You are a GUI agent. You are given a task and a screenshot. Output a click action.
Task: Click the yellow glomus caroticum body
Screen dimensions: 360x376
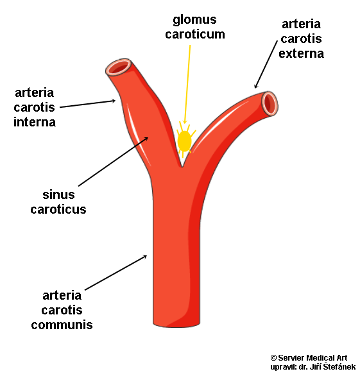(184, 141)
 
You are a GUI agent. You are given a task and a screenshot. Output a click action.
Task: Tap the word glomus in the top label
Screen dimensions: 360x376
(194, 20)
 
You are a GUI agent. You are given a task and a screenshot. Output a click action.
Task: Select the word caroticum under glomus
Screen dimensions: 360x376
(195, 34)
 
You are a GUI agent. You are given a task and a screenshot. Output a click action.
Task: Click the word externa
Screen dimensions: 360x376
(301, 54)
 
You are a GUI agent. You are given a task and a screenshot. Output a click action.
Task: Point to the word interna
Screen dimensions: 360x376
(35, 122)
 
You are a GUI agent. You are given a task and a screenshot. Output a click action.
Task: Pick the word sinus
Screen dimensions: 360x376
(58, 194)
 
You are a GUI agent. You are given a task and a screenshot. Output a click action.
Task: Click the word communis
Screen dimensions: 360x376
(62, 325)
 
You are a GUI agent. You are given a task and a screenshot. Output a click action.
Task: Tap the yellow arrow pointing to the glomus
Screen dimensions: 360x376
(187, 85)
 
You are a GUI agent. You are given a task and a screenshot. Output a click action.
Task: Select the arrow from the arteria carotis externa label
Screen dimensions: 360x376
(266, 64)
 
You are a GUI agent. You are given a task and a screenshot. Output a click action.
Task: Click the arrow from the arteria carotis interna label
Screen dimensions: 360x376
(87, 104)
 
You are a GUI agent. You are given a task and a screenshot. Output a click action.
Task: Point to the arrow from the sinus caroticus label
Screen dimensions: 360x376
(113, 162)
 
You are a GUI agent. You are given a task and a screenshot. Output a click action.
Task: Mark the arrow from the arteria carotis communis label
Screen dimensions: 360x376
(116, 273)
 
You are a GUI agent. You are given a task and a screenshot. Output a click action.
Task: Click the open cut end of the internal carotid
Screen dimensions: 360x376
(119, 67)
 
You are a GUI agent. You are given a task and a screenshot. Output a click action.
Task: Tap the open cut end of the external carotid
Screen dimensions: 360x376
(270, 103)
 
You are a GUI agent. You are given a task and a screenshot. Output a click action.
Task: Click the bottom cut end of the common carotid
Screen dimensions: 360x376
(176, 324)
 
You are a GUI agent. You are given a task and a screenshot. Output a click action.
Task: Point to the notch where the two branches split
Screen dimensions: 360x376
(182, 166)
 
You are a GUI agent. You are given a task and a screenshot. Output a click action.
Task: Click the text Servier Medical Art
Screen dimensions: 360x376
(313, 358)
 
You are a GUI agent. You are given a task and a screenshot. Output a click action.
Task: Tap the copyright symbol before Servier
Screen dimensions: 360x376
(273, 358)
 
